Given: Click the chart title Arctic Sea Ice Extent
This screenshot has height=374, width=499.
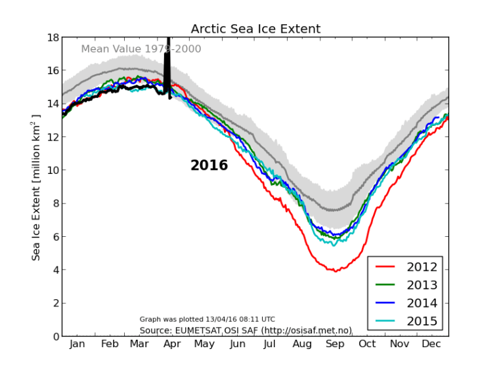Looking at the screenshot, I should click(x=255, y=29).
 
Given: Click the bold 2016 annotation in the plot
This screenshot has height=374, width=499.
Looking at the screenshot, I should click(x=209, y=166).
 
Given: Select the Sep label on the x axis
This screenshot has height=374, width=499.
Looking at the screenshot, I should click(x=336, y=344).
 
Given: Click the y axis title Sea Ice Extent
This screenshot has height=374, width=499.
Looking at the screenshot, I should click(x=37, y=187).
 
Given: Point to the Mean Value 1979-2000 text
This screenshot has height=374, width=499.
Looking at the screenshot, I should click(x=141, y=49).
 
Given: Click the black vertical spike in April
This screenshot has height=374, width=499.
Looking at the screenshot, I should click(x=167, y=66).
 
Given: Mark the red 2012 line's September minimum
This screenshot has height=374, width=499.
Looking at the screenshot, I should click(x=336, y=270).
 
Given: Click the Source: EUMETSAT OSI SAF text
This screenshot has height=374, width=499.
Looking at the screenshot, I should click(x=246, y=329).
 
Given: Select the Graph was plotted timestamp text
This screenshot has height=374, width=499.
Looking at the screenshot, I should click(x=207, y=320).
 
